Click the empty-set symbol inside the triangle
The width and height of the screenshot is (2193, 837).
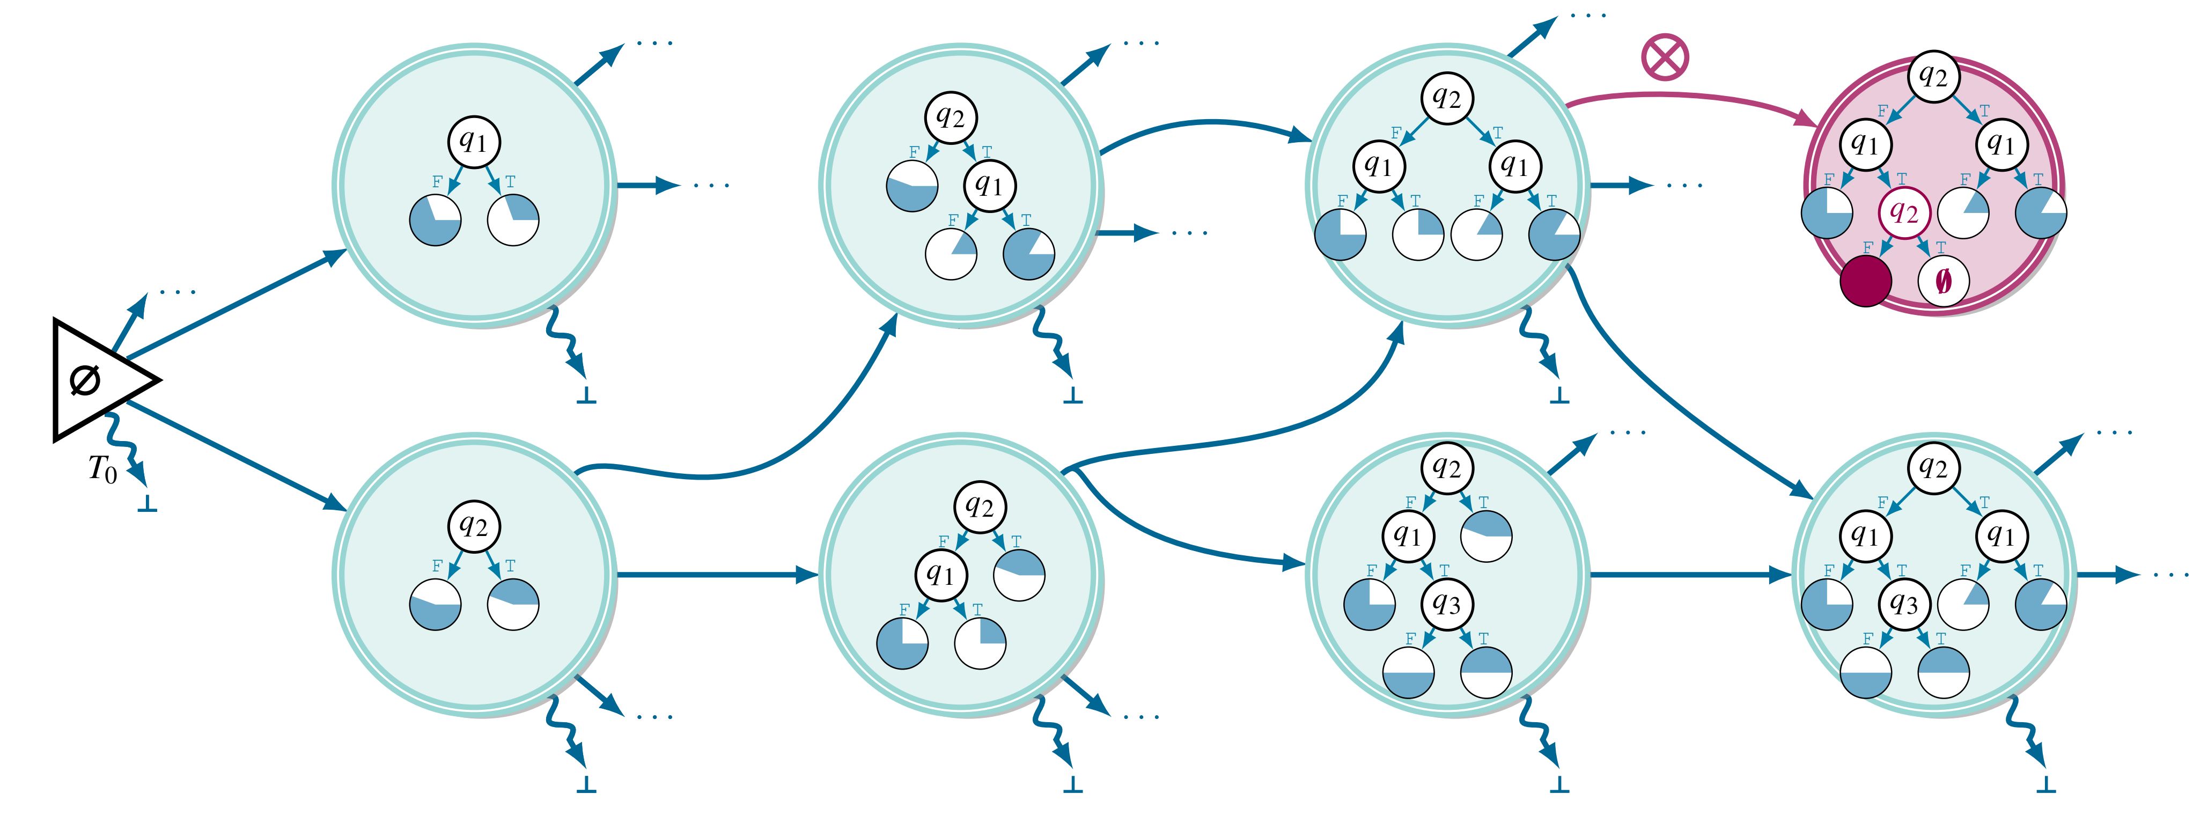click(x=85, y=380)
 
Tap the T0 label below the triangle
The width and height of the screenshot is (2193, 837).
click(x=103, y=469)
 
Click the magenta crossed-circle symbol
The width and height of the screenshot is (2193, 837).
click(x=1664, y=58)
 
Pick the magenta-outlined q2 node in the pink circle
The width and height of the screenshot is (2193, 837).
click(x=1904, y=212)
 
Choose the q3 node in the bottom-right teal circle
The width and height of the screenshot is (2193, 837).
click(x=1904, y=604)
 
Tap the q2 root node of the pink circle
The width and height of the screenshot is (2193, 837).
click(x=1933, y=77)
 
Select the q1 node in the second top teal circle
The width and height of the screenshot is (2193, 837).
click(x=989, y=185)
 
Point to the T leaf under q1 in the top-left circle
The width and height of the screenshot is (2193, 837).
click(x=512, y=219)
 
